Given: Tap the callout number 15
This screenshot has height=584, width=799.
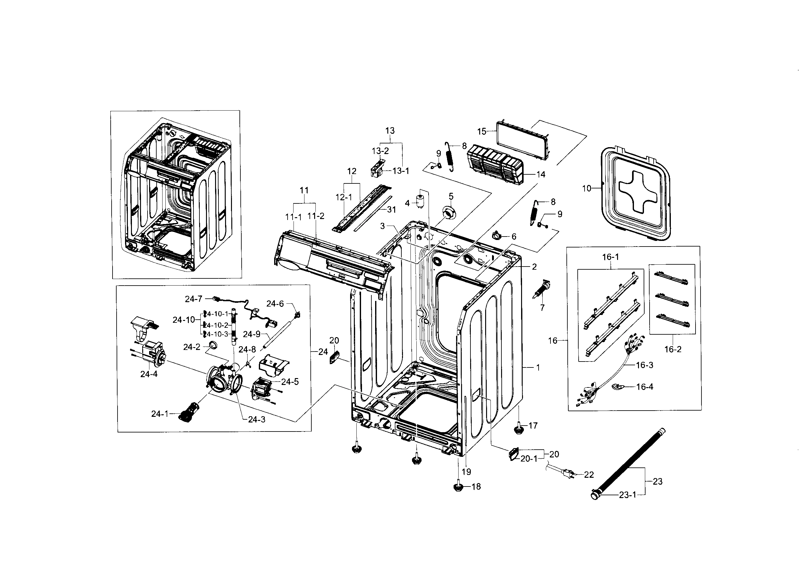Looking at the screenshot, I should pos(482,132).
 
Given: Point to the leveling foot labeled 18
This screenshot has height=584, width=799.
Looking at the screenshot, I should pos(458,487).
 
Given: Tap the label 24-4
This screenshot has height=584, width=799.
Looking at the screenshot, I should pos(148,374).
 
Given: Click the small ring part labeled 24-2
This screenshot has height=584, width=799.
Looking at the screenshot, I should pos(213,345).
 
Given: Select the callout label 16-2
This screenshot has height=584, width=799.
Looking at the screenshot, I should pos(672,349).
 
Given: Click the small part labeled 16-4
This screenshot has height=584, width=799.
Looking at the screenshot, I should pos(617,387).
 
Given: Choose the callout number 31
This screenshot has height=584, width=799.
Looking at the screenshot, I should pos(391,210).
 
